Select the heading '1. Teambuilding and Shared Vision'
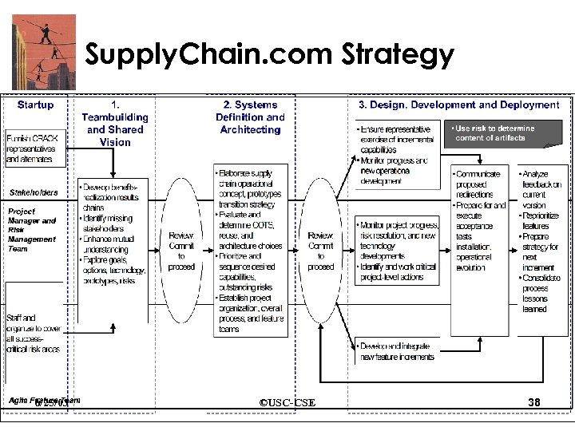point(115,123)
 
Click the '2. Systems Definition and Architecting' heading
point(250,117)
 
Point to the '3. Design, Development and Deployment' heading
point(458,105)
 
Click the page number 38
point(536,403)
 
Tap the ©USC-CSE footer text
point(287,403)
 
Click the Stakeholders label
point(34,192)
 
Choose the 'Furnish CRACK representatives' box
point(34,148)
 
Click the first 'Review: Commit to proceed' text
point(181,251)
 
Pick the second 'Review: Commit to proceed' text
point(320,251)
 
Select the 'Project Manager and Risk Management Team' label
point(32,229)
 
